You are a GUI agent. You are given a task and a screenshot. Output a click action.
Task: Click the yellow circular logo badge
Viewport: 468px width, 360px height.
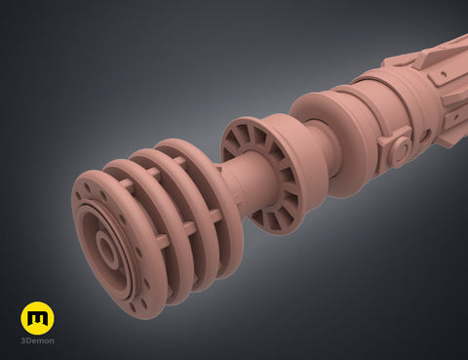point(37,318)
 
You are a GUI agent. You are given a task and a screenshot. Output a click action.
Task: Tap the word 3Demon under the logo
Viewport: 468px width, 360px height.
point(37,340)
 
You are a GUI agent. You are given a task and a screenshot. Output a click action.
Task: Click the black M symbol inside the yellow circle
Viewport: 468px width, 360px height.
point(37,319)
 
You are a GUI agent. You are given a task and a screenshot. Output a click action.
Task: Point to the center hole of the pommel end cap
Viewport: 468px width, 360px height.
point(106,248)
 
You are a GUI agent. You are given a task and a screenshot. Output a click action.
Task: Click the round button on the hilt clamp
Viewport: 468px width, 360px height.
point(402,149)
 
